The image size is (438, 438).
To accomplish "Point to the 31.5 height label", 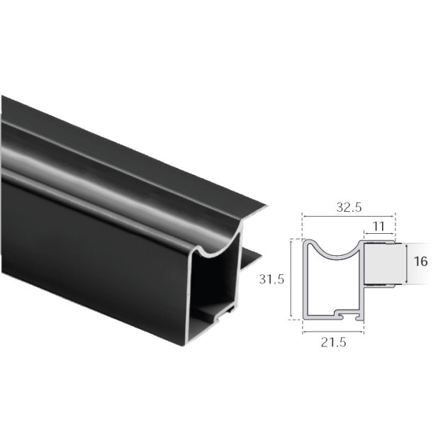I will tap(271, 279).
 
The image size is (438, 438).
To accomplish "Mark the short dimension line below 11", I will tap(379, 236).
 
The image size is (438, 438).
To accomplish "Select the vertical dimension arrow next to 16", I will tap(408, 264).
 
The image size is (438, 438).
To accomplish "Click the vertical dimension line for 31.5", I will tap(291, 279).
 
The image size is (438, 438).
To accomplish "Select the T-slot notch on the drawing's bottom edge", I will tap(343, 313).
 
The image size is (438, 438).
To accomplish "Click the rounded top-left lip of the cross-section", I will tap(308, 243).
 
